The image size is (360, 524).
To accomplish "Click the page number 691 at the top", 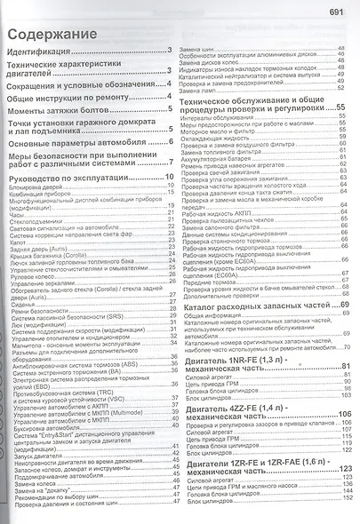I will (339, 12).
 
